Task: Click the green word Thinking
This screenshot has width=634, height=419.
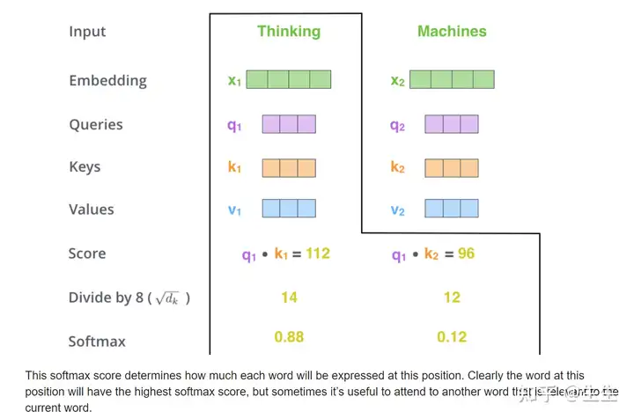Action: (289, 32)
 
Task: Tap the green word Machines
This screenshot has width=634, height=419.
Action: (452, 32)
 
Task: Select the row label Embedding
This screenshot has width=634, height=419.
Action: (107, 80)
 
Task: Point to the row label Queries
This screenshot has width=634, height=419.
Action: (96, 124)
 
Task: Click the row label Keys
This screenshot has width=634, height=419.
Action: (85, 166)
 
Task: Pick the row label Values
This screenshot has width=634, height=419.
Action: (91, 209)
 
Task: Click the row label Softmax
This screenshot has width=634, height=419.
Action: (97, 341)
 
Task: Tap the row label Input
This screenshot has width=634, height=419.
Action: (86, 32)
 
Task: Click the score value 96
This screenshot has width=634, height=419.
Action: (466, 254)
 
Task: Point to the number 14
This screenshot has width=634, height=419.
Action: (289, 298)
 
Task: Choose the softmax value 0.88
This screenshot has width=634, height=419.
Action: (289, 336)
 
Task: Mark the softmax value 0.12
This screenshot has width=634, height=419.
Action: (452, 336)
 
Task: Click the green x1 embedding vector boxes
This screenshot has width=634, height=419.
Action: (288, 80)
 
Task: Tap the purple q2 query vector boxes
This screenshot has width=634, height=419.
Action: (451, 124)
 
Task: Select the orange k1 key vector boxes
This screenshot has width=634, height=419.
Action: (288, 166)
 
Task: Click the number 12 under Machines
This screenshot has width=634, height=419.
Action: (452, 298)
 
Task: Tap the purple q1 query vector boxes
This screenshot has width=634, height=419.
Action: (288, 124)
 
